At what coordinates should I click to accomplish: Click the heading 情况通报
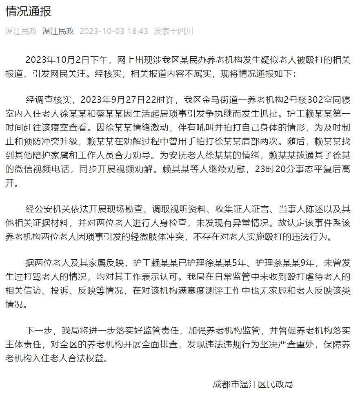point(29,11)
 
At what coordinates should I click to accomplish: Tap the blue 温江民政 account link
point(58,31)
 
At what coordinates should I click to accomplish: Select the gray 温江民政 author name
point(21,31)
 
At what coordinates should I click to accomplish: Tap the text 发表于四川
point(173,31)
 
